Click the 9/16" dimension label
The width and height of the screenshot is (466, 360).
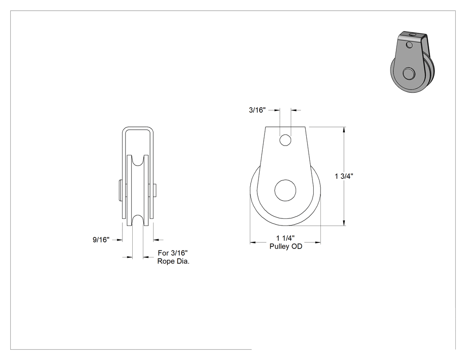[x=101, y=240]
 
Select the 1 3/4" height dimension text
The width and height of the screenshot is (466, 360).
[x=344, y=176]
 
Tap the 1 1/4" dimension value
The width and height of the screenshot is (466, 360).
[x=285, y=238]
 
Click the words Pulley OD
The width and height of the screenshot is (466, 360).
[x=286, y=246]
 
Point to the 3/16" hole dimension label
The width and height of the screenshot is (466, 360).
[x=257, y=110]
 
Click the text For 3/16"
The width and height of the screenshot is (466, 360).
[x=173, y=253]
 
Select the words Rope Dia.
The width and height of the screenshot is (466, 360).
[x=173, y=261]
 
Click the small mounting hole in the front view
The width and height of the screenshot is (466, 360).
[x=285, y=140]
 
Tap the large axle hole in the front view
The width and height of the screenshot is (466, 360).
[x=285, y=190]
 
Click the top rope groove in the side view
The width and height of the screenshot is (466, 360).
[x=138, y=162]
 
